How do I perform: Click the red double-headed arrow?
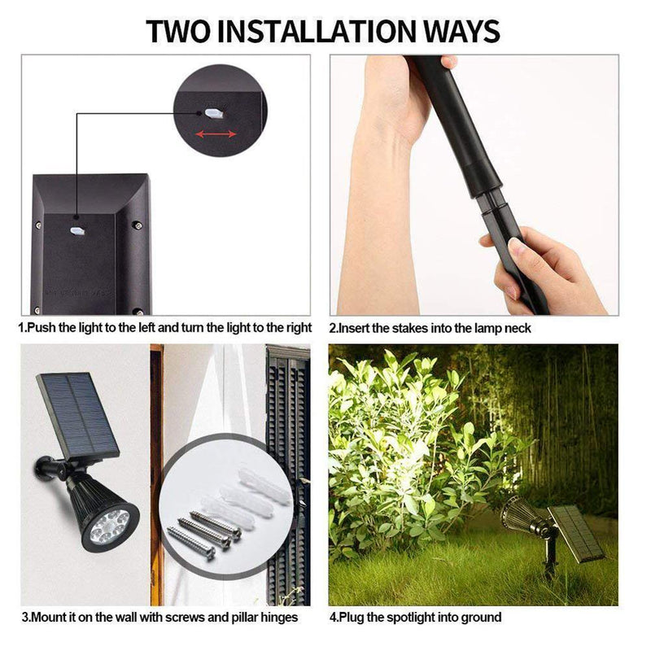coord(216,133)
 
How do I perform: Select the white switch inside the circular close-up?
coord(213,112)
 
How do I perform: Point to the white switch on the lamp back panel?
coord(77,230)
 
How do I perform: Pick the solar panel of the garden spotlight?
coord(576,533)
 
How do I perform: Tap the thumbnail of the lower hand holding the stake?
coord(517,249)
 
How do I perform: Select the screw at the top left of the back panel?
coord(38,225)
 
